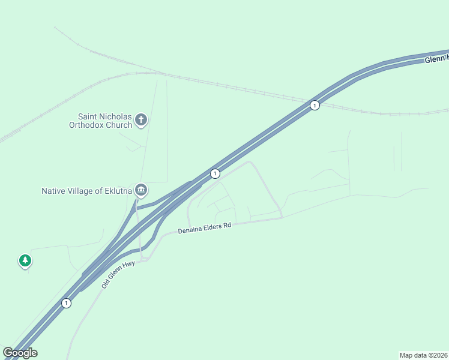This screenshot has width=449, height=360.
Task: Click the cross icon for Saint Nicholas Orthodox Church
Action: pyautogui.click(x=141, y=119)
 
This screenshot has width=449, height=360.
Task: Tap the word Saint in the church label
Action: pyautogui.click(x=89, y=116)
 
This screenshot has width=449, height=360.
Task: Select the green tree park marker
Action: pyautogui.click(x=25, y=260)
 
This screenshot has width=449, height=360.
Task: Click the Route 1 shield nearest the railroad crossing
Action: pyautogui.click(x=315, y=106)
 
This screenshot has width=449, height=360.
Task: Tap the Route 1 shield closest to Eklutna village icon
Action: pyautogui.click(x=215, y=173)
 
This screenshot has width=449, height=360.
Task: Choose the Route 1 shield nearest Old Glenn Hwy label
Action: pyautogui.click(x=66, y=303)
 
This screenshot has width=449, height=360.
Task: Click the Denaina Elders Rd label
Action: pyautogui.click(x=205, y=229)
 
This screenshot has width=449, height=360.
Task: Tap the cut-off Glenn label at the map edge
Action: pyautogui.click(x=436, y=58)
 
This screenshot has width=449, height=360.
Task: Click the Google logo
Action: pyautogui.click(x=20, y=353)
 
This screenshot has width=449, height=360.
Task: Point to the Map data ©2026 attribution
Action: pyautogui.click(x=424, y=355)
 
